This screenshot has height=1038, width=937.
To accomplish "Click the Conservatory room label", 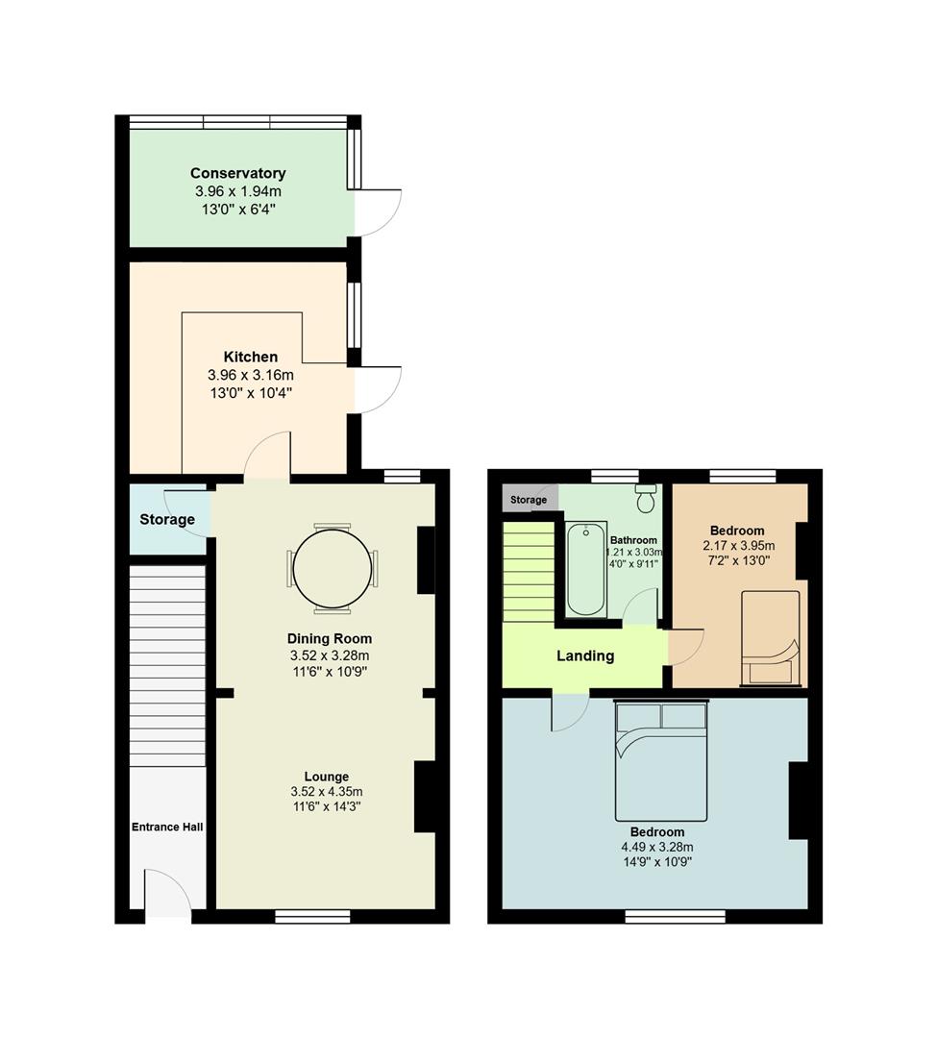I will [x=237, y=174].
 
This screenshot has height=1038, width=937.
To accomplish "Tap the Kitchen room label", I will [x=251, y=357].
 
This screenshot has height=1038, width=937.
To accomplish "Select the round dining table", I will [x=332, y=569].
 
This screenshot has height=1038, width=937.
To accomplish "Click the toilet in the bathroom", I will [x=646, y=498].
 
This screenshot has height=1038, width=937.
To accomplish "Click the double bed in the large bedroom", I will [x=661, y=759].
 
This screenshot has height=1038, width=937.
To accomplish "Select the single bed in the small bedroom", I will [x=770, y=638].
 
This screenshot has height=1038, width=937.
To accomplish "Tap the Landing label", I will [x=585, y=656].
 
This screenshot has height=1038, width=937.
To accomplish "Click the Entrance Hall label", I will [x=167, y=827].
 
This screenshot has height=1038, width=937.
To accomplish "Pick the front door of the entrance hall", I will [x=169, y=894].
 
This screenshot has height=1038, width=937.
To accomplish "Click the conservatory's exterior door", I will [x=379, y=212].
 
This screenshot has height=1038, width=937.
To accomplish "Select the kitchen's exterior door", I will [x=379, y=389].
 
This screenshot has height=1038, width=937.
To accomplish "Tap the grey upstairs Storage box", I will [x=529, y=500].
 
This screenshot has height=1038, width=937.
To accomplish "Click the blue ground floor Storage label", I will [x=167, y=520].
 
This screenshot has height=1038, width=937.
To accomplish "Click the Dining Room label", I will [x=330, y=638].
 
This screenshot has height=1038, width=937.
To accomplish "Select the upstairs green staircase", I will [x=529, y=571].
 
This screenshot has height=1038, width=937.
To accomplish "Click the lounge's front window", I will [x=313, y=917].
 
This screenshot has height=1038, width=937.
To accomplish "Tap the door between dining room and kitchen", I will [x=267, y=458].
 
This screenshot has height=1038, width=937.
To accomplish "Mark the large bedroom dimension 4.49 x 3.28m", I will [x=657, y=847].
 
